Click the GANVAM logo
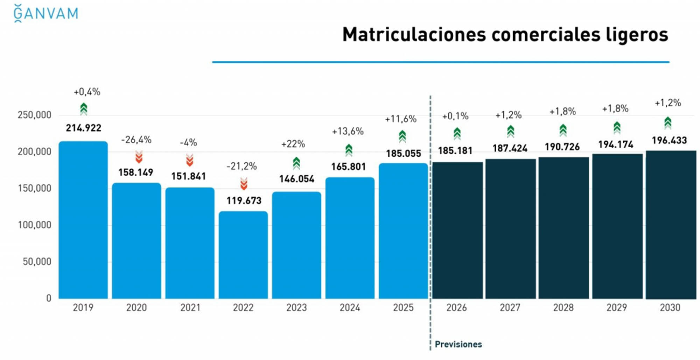click(x=46, y=14)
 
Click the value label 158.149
click(x=136, y=172)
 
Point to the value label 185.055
click(x=404, y=154)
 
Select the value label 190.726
click(x=562, y=147)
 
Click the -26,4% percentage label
click(x=136, y=140)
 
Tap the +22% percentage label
click(x=293, y=144)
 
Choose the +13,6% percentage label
click(x=348, y=132)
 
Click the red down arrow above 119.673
click(x=244, y=184)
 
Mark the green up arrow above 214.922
click(x=83, y=109)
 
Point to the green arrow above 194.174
click(x=617, y=128)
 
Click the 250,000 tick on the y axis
click(x=35, y=115)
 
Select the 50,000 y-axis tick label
click(x=37, y=262)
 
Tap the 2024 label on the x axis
click(x=350, y=308)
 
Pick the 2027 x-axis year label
click(x=510, y=308)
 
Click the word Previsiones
click(x=458, y=345)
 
